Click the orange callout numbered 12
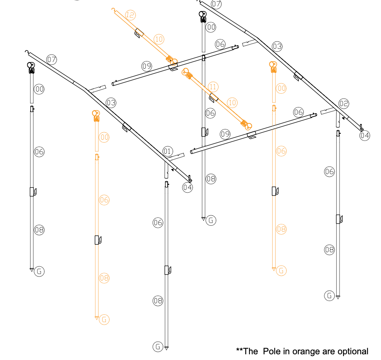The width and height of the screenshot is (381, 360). [x=130, y=15]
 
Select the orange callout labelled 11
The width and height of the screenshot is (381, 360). [x=213, y=87]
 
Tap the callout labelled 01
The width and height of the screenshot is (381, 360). [x=167, y=151]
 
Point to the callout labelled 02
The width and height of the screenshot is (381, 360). [x=344, y=104]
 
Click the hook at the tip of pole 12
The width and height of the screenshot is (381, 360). [x=113, y=9]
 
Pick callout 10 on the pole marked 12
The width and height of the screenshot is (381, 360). [x=159, y=39]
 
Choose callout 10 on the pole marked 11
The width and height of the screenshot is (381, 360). [x=232, y=103]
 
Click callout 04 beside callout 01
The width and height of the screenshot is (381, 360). [x=187, y=187]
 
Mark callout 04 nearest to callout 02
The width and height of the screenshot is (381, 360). [x=364, y=136]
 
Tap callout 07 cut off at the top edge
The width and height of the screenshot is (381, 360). [x=216, y=4]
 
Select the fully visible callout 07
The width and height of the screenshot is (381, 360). [x=52, y=59]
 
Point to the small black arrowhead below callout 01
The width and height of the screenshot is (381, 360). [x=173, y=170]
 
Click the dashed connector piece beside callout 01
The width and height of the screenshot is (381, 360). [x=175, y=157]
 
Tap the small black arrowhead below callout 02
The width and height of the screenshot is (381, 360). [x=343, y=119]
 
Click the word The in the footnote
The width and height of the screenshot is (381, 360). [x=250, y=351]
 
